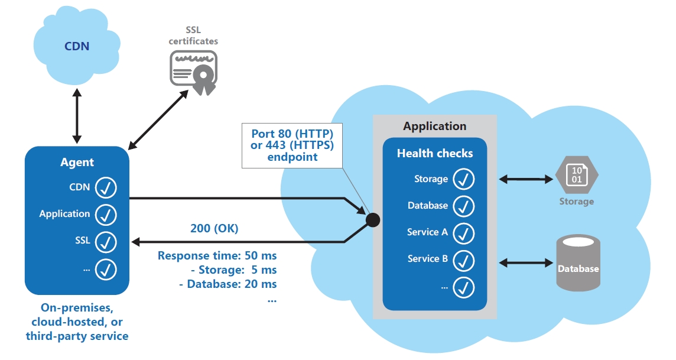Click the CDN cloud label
[77, 46]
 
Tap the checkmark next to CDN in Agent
[106, 187]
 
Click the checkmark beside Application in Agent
[106, 214]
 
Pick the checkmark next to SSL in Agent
[106, 241]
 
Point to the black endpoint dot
[373, 220]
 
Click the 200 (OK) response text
[214, 229]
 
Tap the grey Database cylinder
[578, 264]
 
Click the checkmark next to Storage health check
[464, 179]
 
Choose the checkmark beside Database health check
[464, 206]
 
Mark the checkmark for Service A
[464, 232]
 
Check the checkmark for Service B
[464, 259]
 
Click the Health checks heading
[435, 154]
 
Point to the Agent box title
[77, 163]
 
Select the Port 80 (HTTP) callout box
[292, 145]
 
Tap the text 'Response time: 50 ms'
[217, 256]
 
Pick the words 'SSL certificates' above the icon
[193, 36]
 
